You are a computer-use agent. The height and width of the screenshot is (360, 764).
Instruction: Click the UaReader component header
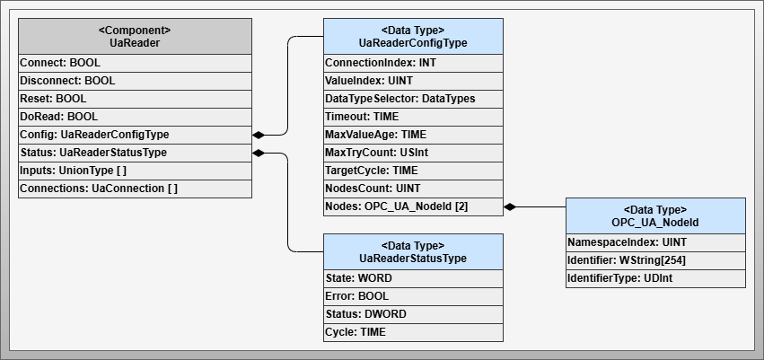pos(135,36)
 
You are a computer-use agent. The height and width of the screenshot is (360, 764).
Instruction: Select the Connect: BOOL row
pos(135,63)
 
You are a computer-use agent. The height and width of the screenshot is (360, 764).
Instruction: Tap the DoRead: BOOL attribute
pos(135,117)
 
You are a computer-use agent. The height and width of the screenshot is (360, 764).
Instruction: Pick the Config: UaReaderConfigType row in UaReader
pos(135,135)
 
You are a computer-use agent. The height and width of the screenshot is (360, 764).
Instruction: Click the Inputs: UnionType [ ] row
pos(135,171)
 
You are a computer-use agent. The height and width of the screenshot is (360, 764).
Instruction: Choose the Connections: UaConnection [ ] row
pos(135,189)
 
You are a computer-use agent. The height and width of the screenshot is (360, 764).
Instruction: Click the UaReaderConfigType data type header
pos(413,36)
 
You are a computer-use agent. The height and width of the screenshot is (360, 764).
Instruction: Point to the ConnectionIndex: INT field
pos(413,63)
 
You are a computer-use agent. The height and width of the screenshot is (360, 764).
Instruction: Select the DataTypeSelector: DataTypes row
pos(413,99)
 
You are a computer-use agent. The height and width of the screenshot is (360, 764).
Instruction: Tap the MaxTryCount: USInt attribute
pos(413,153)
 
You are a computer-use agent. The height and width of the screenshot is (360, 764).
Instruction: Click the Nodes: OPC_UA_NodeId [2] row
pos(413,206)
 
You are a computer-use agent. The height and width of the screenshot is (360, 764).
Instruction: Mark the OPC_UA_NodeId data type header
pos(655,215)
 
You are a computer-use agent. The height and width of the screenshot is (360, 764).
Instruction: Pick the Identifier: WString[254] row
pos(655,260)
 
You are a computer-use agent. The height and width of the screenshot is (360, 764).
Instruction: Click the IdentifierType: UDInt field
pos(655,278)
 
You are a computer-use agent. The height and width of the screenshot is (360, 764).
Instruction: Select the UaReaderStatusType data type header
pos(413,251)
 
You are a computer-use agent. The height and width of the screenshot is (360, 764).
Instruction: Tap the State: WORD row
pos(413,278)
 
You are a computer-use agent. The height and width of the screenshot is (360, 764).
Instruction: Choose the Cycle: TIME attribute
pos(413,332)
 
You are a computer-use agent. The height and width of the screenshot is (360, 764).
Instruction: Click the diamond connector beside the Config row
pos(259,135)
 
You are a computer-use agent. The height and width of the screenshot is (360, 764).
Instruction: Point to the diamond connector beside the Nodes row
pos(510,206)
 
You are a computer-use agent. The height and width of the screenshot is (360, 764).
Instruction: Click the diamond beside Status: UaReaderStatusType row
pos(259,153)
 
